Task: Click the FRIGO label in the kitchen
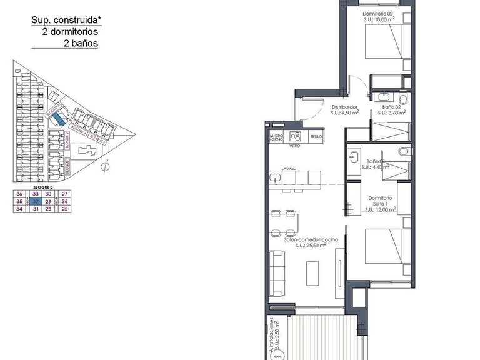(x=316, y=136)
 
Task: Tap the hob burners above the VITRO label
(x=296, y=137)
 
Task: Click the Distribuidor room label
(x=344, y=107)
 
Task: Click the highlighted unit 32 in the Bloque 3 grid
(x=36, y=202)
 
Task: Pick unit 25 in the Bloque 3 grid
(x=65, y=209)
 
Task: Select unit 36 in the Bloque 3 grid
(x=20, y=194)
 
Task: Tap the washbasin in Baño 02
(x=382, y=96)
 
